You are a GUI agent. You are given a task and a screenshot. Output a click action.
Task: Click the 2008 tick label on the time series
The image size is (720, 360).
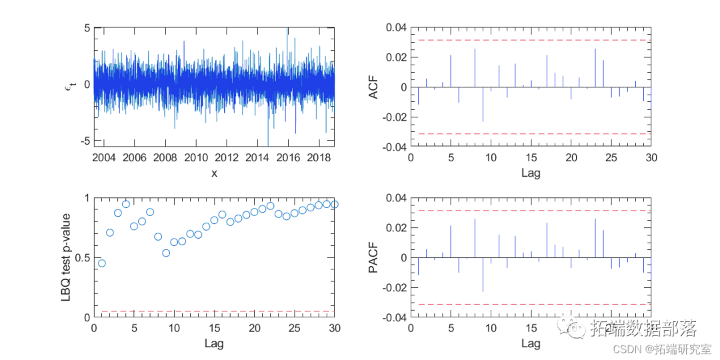click(165, 158)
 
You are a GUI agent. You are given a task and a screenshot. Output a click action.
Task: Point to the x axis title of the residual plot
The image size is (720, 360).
click(214, 173)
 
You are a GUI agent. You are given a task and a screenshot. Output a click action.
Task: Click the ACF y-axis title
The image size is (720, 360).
click(374, 87)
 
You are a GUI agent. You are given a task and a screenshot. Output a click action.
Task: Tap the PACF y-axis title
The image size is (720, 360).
click(374, 257)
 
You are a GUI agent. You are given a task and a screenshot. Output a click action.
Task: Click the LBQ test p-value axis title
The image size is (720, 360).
click(66, 257)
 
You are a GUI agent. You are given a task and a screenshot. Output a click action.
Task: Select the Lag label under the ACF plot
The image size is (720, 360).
click(531, 173)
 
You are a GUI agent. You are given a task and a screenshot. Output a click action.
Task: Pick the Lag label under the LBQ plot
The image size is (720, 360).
click(214, 344)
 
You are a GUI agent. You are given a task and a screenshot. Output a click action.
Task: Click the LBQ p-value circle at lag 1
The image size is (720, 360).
click(102, 263)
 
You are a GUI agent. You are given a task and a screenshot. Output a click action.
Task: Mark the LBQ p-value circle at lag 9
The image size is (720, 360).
click(166, 253)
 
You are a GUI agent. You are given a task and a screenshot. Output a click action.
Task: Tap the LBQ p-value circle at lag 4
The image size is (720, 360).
click(126, 204)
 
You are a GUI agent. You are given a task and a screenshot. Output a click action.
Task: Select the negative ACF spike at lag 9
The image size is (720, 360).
click(483, 104)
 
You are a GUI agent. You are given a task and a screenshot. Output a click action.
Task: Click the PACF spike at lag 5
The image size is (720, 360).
click(451, 241)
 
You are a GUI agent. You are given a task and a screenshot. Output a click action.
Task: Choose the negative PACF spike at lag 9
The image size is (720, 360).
click(483, 275)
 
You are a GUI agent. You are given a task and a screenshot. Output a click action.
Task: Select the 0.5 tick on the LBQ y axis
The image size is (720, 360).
click(83, 258)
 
